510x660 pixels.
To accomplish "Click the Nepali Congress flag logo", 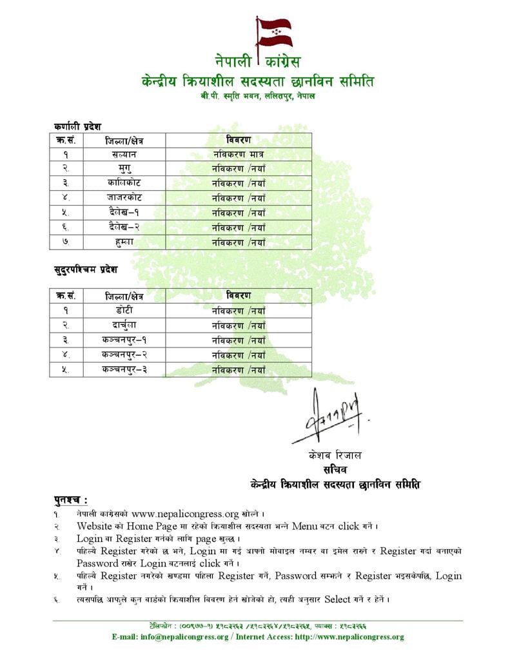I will tap(273, 33).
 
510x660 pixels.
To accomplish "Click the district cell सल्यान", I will tap(124, 155).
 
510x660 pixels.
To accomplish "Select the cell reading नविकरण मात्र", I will tap(239, 155).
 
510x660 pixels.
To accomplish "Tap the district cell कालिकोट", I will tap(124, 183).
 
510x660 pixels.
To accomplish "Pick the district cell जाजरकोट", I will tap(124, 198).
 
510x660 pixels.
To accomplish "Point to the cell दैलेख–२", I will tap(124, 228).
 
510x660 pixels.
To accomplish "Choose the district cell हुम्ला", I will tap(124, 242).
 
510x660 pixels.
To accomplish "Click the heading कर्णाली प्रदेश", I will tap(77, 126).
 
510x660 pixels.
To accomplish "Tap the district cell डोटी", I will tap(124, 311).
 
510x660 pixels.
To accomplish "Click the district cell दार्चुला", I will tap(124, 325).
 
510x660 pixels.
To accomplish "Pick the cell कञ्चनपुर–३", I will tap(124, 370).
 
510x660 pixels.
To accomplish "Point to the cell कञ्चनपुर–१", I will tap(124, 340).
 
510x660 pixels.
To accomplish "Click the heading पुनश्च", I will tap(70, 500).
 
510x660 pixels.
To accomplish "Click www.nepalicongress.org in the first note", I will tap(185, 514).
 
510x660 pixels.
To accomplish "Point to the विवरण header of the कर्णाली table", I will tap(239, 140).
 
